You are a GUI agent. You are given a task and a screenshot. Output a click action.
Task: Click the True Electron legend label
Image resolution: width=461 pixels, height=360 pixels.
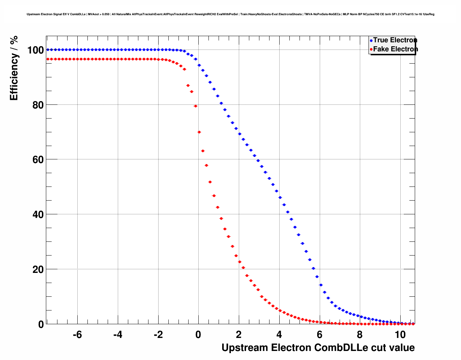click(x=395, y=40)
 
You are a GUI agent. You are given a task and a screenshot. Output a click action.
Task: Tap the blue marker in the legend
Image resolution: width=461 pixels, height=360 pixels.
click(x=371, y=40)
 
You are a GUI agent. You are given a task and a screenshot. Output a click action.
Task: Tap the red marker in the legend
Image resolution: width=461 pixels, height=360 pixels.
click(x=371, y=50)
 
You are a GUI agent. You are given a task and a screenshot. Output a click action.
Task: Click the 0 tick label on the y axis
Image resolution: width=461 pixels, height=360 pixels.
click(x=41, y=325)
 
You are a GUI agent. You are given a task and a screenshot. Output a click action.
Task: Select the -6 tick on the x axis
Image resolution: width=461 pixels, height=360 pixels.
click(x=77, y=335)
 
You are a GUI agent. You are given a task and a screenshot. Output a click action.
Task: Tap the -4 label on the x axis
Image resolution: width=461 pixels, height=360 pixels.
click(x=117, y=335)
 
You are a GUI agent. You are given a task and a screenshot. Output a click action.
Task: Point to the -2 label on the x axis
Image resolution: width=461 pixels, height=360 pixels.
click(x=158, y=335)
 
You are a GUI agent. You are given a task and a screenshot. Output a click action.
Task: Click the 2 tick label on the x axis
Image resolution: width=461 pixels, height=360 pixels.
click(x=238, y=335)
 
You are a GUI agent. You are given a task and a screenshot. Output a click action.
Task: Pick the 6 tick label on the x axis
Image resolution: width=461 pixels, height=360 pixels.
click(x=319, y=335)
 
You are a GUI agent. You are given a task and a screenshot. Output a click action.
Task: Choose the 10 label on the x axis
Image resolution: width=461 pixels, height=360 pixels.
click(x=400, y=335)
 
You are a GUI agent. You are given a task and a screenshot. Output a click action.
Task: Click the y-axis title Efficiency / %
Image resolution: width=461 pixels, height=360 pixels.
click(x=14, y=68)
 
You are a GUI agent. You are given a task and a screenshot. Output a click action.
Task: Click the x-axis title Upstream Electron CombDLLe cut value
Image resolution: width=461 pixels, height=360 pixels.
click(x=318, y=348)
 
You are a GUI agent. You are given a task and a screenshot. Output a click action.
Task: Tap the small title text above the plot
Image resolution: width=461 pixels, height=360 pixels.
click(x=231, y=14)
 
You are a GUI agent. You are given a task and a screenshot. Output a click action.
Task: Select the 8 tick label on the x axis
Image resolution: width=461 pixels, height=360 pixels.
click(x=360, y=335)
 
